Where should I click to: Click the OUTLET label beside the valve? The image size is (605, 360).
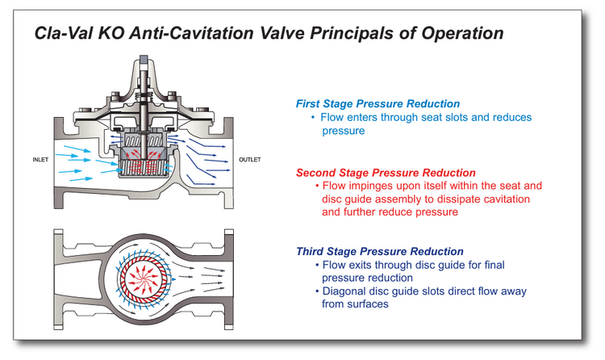(250, 160)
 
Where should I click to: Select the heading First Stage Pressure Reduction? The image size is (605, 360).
(378, 104)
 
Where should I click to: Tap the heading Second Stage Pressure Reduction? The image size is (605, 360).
(386, 173)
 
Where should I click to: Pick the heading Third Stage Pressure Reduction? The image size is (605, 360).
(380, 252)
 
